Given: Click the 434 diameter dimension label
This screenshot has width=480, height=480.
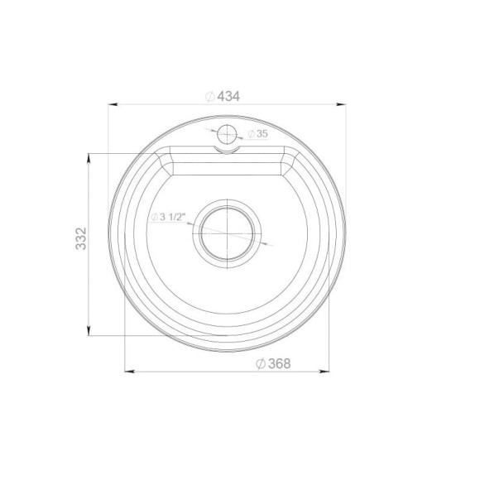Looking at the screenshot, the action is point(223,97).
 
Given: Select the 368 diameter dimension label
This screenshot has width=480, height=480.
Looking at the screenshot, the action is point(273,363).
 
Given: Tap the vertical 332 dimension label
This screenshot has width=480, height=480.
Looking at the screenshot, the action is point(81,238).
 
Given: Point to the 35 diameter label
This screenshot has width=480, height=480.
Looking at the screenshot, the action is point(257,134).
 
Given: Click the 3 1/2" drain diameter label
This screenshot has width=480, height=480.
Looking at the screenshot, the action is point(168,217).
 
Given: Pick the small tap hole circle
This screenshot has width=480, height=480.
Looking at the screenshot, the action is point(227,134).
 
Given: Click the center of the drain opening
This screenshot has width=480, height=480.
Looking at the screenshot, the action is point(227,233).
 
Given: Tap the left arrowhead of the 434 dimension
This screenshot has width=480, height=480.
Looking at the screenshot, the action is point(113,104).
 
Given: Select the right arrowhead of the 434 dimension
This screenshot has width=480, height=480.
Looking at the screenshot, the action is point(341,104).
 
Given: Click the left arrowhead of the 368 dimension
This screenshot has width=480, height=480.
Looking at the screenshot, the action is point(130,372).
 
